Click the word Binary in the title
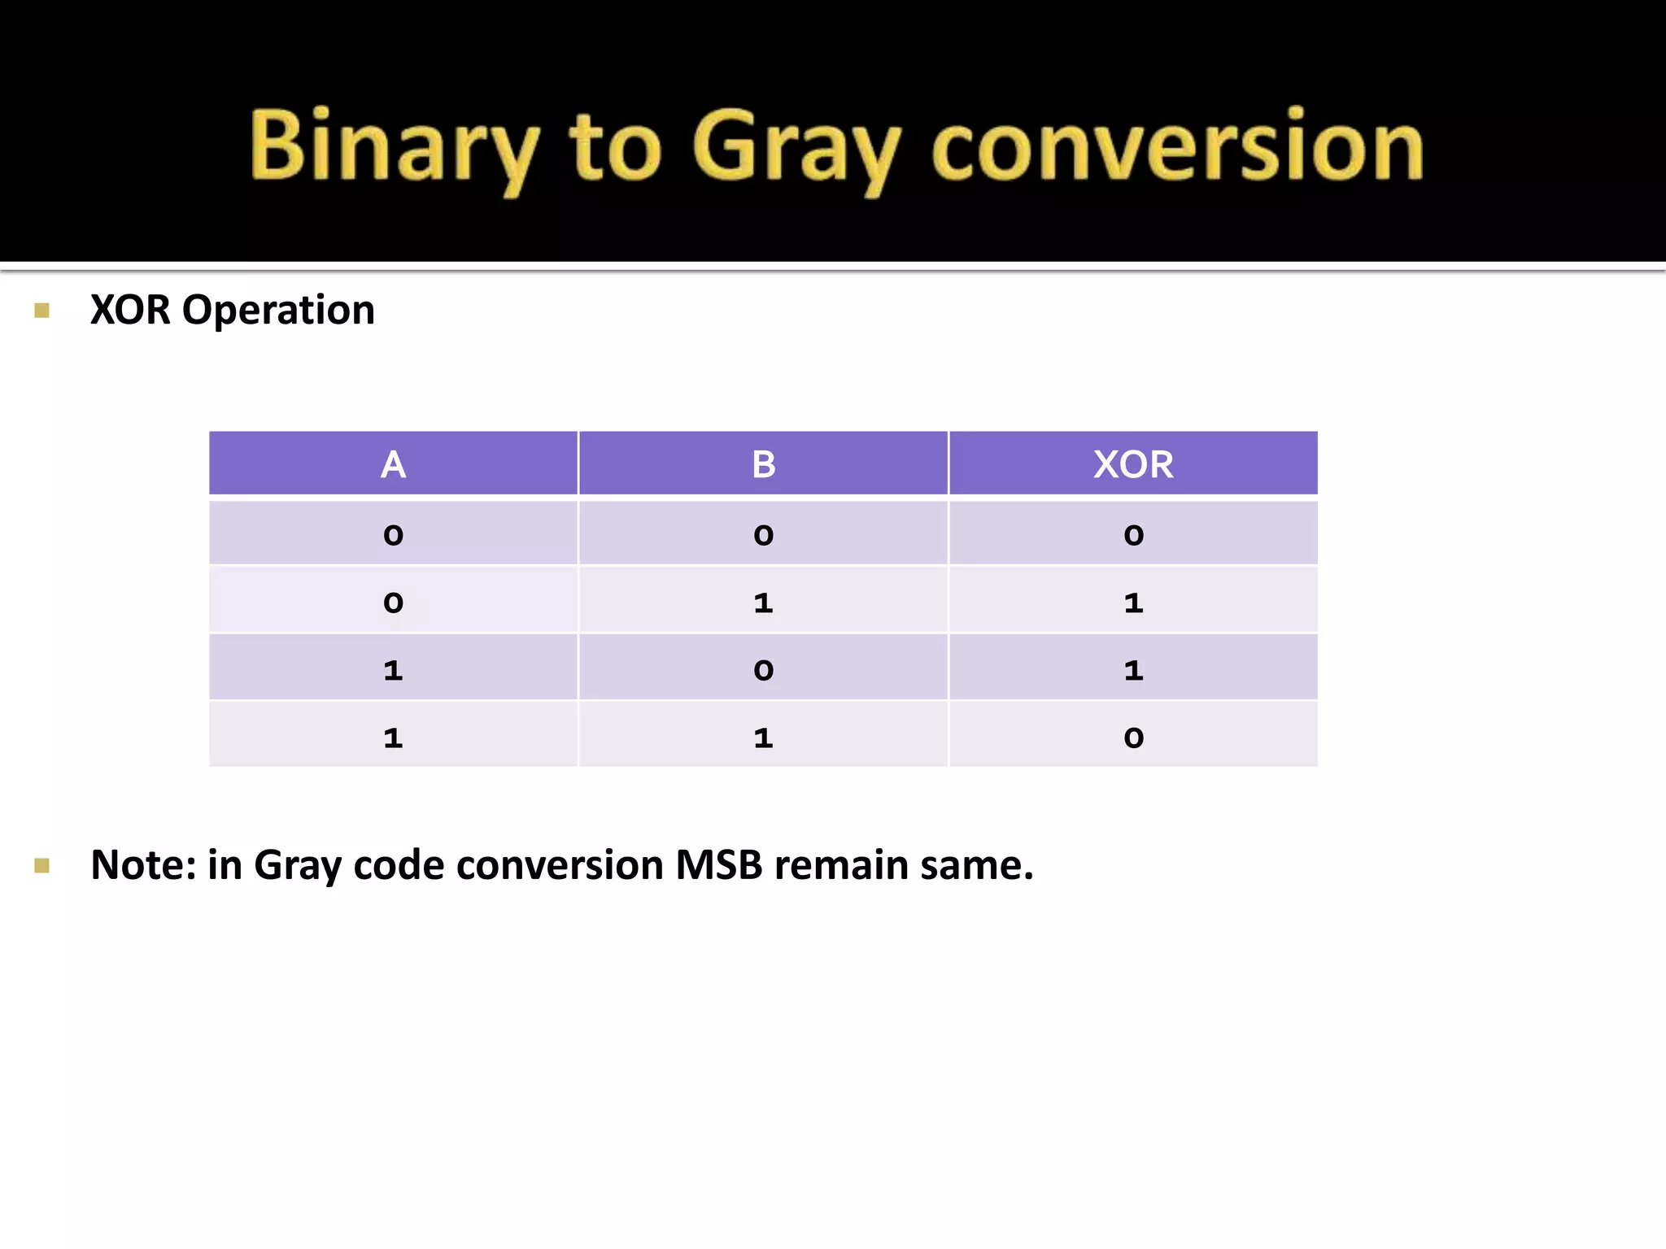coord(393,146)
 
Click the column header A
coord(393,464)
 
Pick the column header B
coord(763,464)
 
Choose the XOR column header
coord(1133,464)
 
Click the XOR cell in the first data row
coord(1133,535)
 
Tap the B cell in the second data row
coord(763,603)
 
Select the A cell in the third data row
coord(393,670)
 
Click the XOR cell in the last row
coord(1133,738)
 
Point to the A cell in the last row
coord(393,738)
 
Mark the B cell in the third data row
coord(763,670)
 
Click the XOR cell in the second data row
coord(1133,603)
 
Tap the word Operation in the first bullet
coord(278,311)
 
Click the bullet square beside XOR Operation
coord(42,311)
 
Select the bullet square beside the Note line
coord(42,865)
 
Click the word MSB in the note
coord(719,865)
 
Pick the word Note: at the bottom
coord(143,865)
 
